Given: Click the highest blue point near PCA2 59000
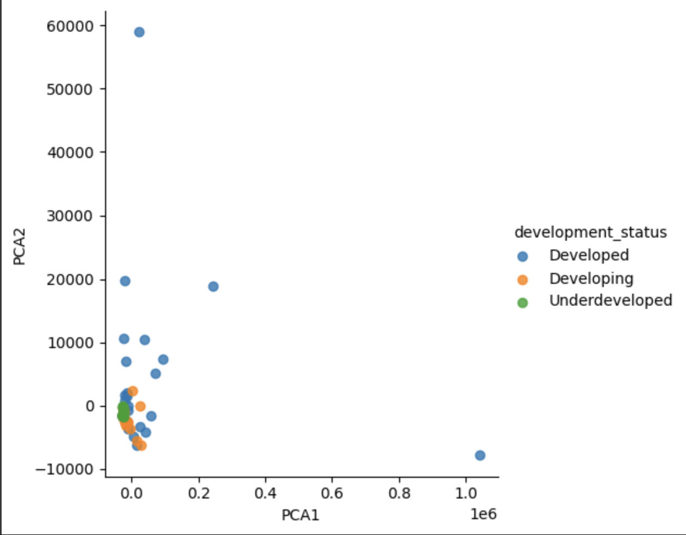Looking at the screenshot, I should (139, 32).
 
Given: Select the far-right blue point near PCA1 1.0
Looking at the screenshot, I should (480, 455).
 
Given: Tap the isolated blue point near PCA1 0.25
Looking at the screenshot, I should (213, 287).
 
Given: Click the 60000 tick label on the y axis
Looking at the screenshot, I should (70, 26).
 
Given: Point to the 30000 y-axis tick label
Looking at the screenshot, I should (70, 216).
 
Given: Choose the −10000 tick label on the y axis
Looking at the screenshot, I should (65, 470).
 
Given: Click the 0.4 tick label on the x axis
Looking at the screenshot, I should (265, 494).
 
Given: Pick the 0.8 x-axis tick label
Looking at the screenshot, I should (399, 494).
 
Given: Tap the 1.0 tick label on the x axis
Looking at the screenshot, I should (466, 494).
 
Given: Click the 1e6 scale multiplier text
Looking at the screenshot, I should (483, 514).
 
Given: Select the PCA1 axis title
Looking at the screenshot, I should (300, 515).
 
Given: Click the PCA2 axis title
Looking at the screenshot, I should (20, 247).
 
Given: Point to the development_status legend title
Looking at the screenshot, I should (590, 233).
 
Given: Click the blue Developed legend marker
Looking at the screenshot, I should (523, 256).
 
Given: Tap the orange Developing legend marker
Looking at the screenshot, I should (523, 279).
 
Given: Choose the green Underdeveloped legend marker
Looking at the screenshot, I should (523, 302).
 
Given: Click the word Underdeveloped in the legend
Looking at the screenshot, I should (610, 301).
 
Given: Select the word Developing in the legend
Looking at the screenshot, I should (591, 279).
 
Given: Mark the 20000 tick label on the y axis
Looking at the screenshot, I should (70, 280).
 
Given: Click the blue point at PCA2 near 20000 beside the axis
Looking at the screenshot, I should (125, 281).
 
